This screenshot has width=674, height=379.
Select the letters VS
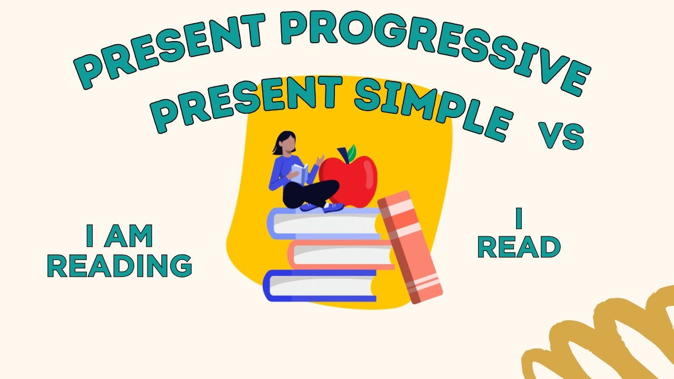click(x=560, y=136)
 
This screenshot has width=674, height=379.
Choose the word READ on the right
click(x=519, y=247)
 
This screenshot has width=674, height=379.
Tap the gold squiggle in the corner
click(x=606, y=337)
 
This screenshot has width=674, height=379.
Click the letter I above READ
click(x=519, y=219)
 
